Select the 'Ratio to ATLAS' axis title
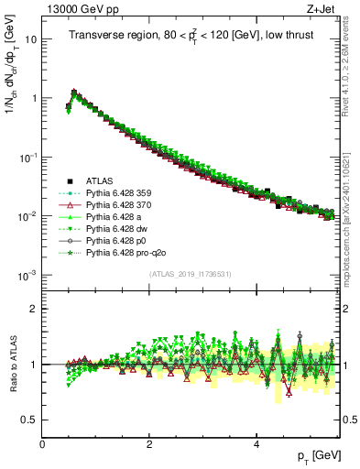[x=12, y=364]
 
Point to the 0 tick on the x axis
[x=43, y=443]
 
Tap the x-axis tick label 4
[x=256, y=443]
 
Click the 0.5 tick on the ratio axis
[x=30, y=420]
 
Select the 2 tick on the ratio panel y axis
[x=34, y=309]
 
